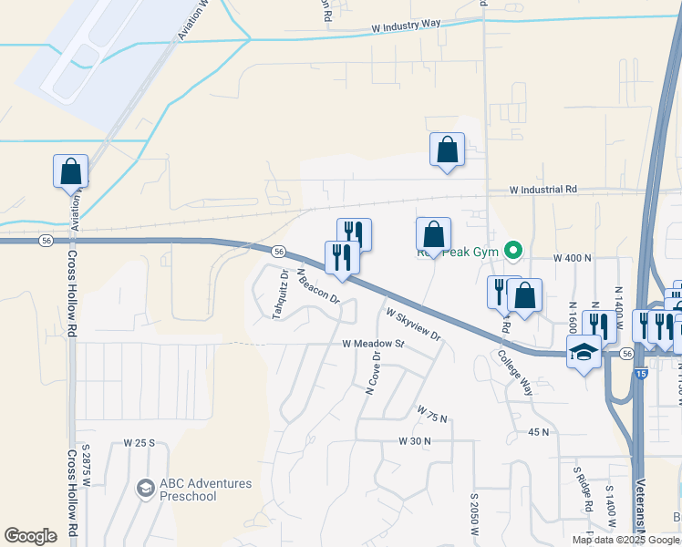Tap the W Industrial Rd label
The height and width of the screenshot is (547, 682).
(x=543, y=190)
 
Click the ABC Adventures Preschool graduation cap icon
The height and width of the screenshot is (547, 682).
(x=145, y=490)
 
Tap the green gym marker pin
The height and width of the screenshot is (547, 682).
(x=514, y=247)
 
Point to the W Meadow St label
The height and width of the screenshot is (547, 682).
(x=373, y=344)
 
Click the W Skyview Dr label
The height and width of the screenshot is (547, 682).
(x=413, y=324)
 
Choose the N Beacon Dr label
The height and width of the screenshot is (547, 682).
(x=318, y=284)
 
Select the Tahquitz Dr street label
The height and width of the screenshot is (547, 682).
(x=280, y=294)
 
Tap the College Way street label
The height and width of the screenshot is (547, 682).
(x=514, y=373)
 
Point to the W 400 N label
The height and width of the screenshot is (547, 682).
(x=573, y=260)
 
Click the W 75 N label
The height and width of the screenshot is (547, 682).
(x=433, y=416)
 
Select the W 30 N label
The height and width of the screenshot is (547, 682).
(x=414, y=440)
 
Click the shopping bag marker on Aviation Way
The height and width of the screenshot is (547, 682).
(x=70, y=170)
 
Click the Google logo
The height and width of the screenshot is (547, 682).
(x=31, y=536)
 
